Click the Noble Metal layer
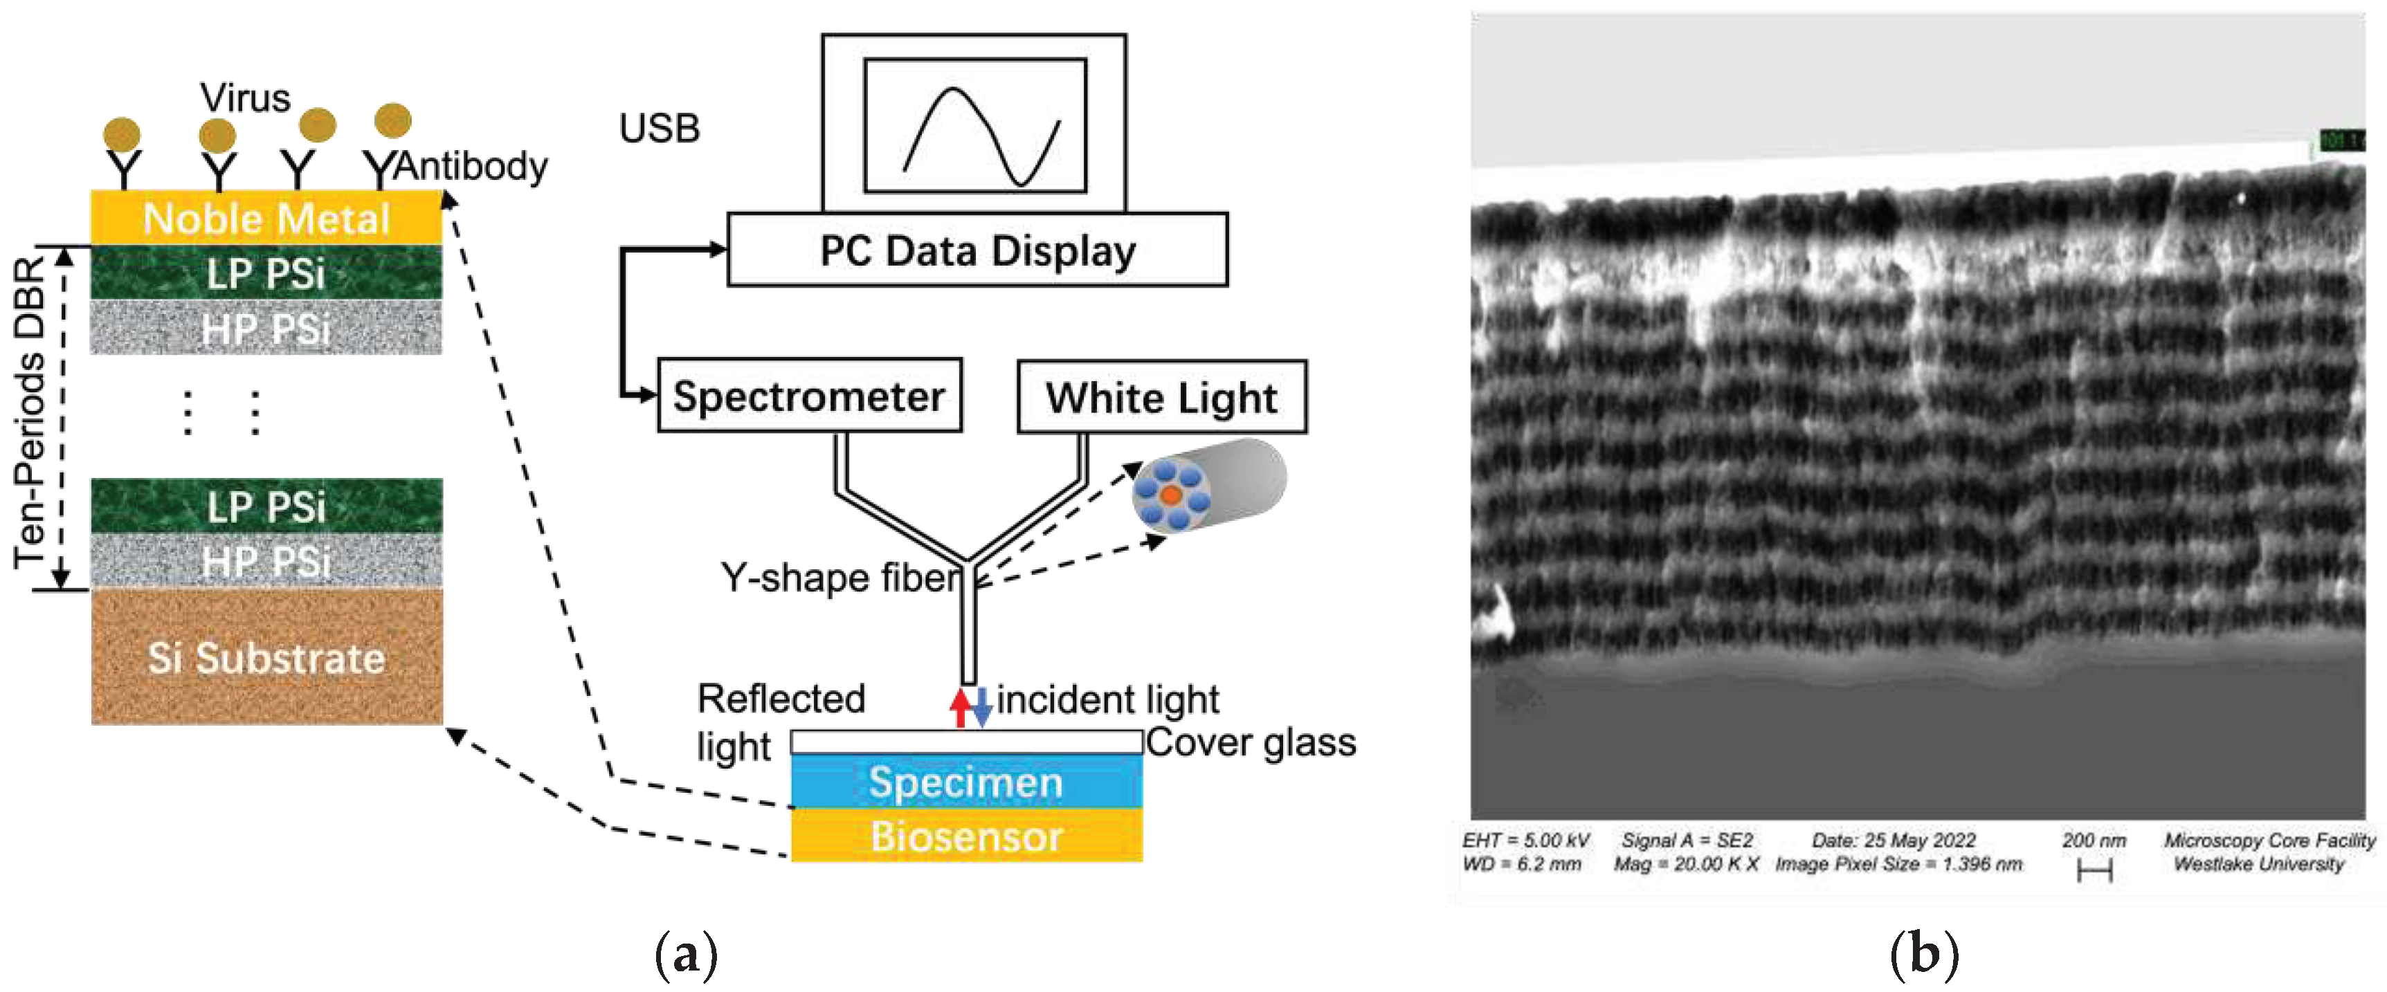click(266, 219)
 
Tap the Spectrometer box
click(809, 396)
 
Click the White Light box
click(1161, 397)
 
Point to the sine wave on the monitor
click(981, 136)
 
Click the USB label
click(659, 129)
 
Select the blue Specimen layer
click(965, 782)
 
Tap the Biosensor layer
click(965, 836)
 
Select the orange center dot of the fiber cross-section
click(1170, 495)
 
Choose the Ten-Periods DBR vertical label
click(30, 412)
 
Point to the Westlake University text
click(2258, 864)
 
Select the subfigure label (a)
click(686, 954)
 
